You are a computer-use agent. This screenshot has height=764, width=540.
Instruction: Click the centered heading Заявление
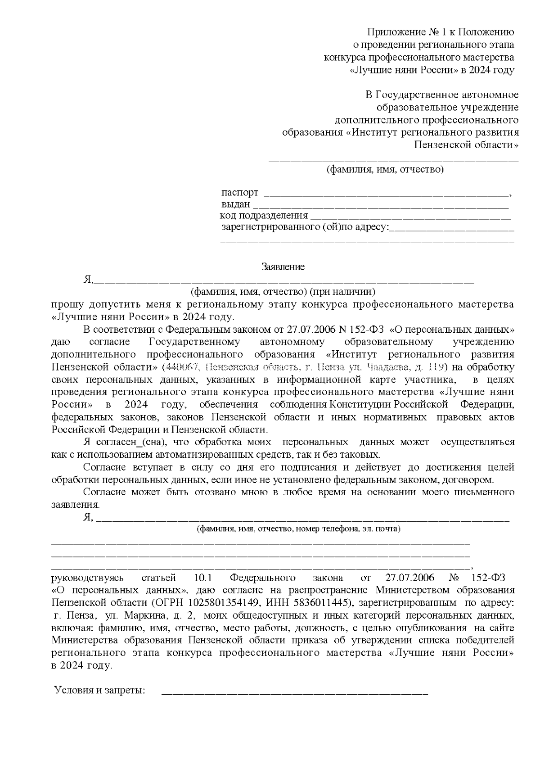pos(283,267)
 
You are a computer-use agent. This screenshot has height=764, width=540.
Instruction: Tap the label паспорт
pos(240,193)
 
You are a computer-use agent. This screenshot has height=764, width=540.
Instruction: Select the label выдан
pos(235,204)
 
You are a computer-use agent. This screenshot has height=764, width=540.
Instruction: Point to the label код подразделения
pos(264,216)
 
